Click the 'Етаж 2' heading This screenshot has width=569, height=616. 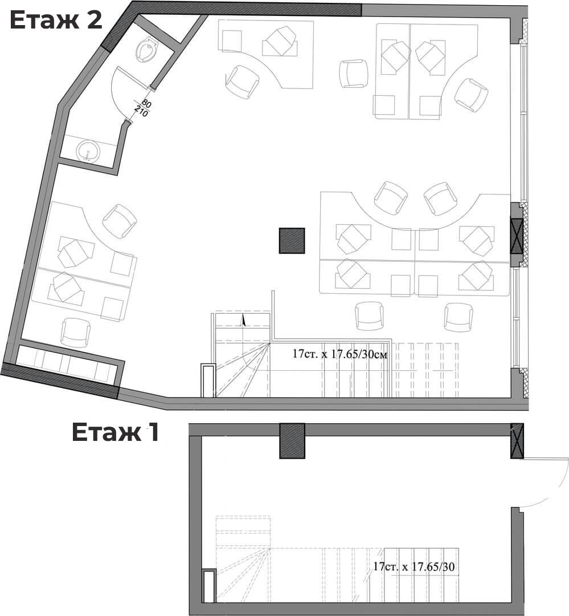point(56,21)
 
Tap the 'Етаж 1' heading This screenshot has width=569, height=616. point(116,432)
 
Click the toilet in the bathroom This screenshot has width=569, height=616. point(146,49)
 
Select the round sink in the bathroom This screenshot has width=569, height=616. point(88,151)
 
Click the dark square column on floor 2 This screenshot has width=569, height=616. point(292,241)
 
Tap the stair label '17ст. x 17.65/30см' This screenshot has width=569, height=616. point(340,354)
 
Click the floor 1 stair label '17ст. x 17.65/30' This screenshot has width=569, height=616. point(415,566)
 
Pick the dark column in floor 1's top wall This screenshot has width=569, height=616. point(292,441)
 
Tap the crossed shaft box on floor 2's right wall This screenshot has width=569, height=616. point(517,234)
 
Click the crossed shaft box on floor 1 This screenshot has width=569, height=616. point(517,441)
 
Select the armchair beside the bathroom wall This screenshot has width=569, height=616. point(120,221)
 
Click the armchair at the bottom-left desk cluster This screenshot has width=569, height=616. point(76,333)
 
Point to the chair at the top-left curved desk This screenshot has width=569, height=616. point(243,82)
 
